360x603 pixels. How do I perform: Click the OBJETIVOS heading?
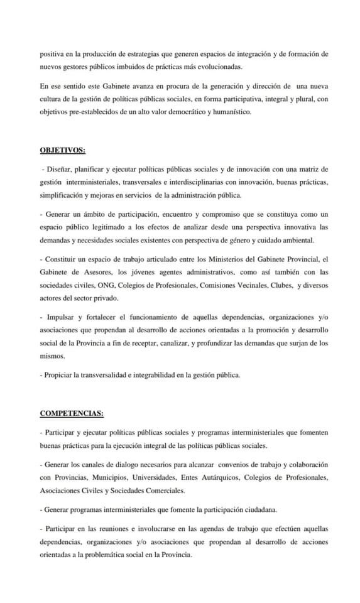(63, 151)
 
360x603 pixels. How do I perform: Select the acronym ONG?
(116, 285)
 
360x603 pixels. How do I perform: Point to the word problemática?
(111, 555)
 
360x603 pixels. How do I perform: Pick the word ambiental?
(298, 241)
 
